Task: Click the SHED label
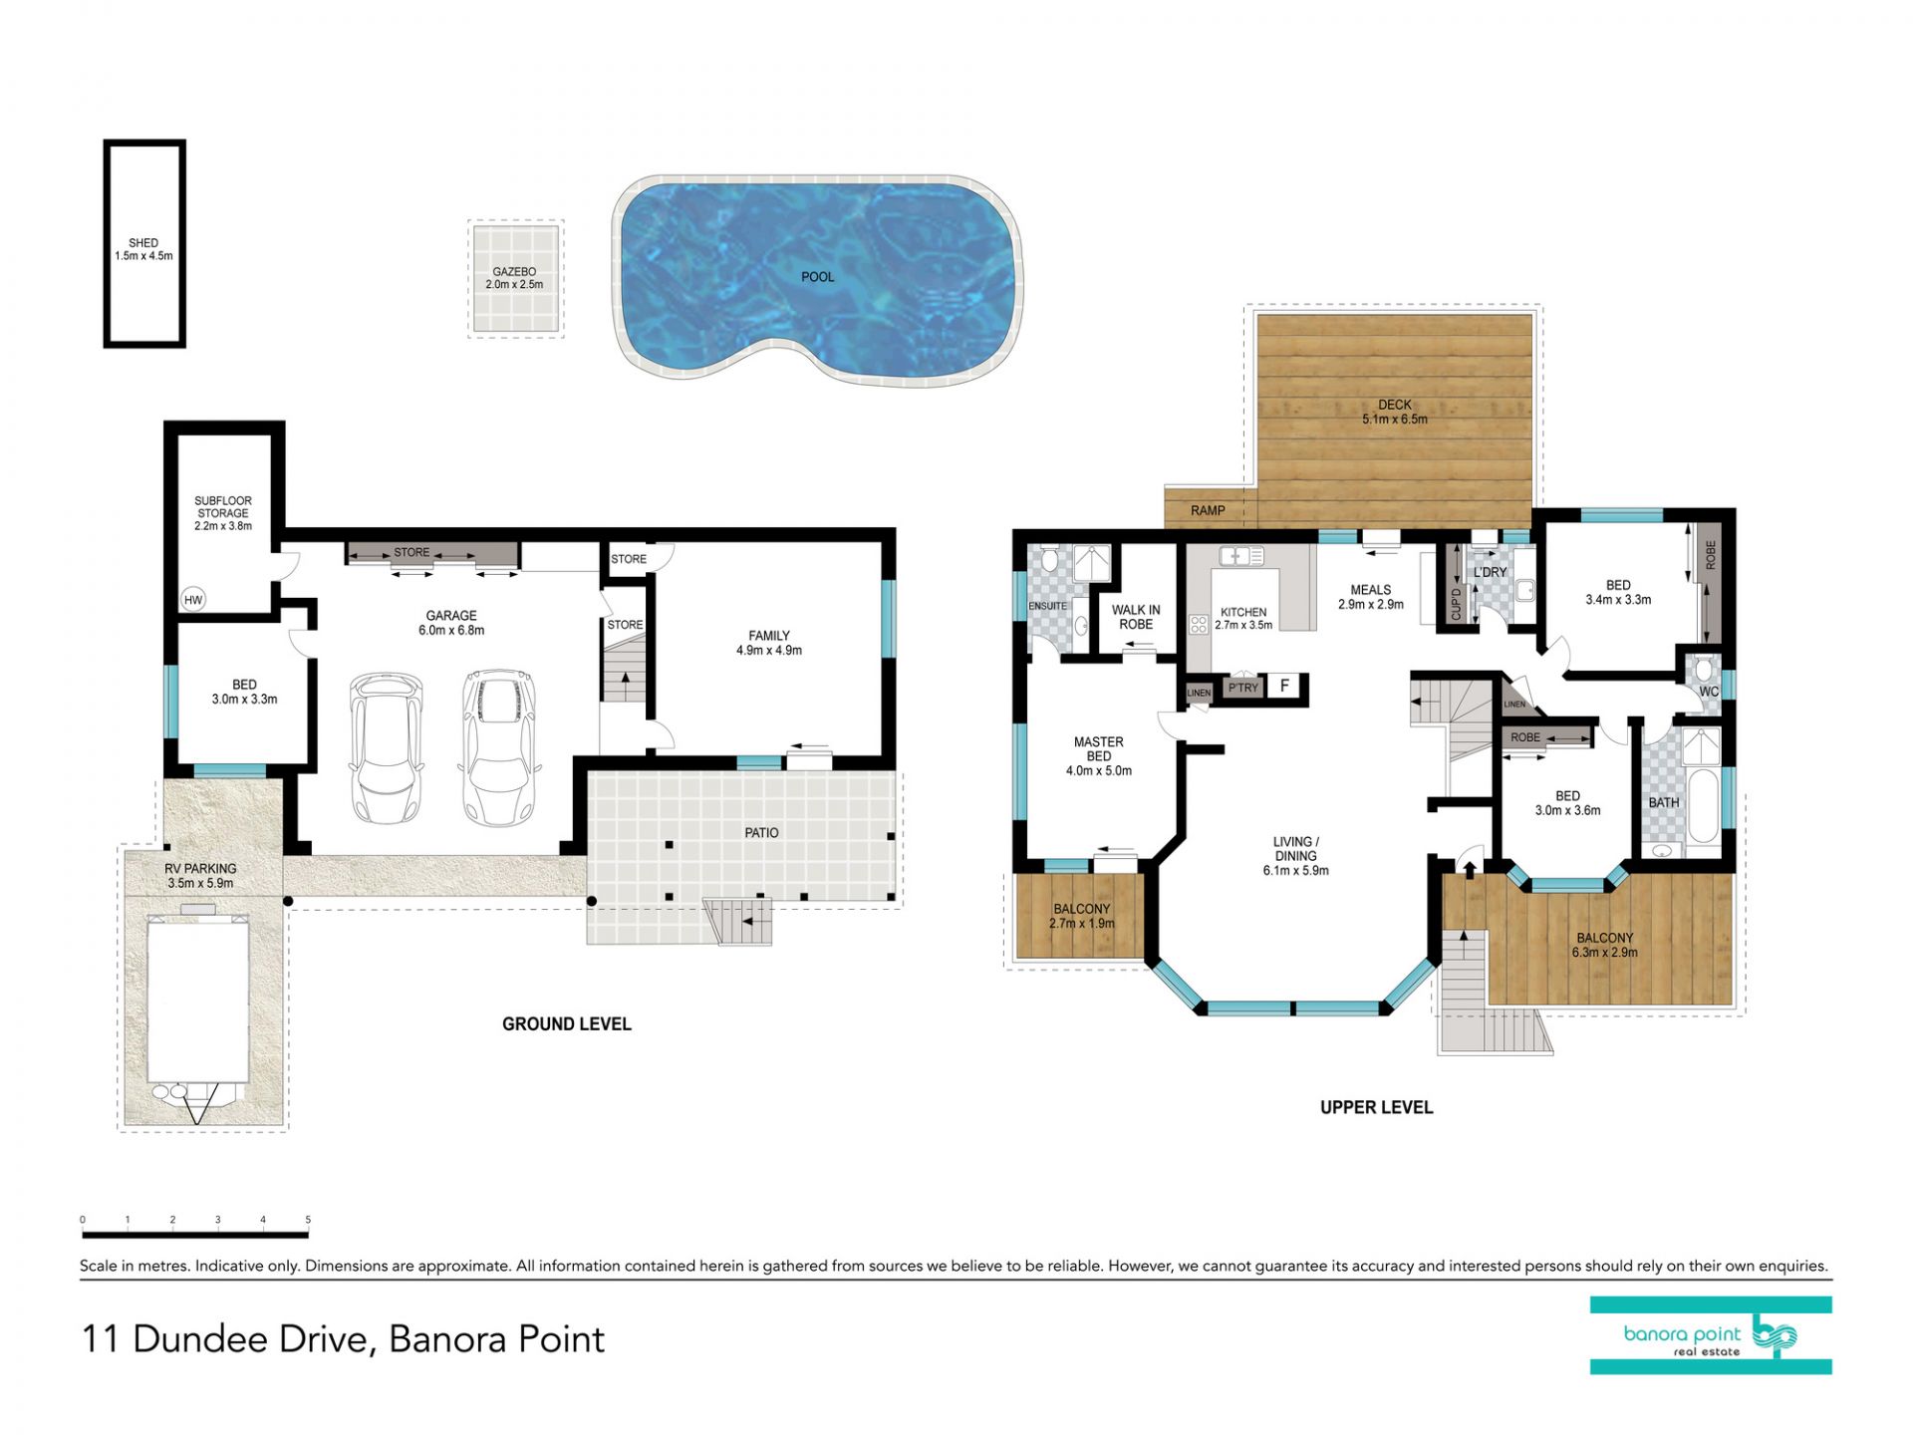[x=143, y=243]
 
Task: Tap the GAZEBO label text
[x=514, y=272]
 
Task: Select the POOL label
[x=818, y=277]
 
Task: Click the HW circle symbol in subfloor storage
[x=193, y=600]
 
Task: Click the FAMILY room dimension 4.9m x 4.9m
[x=769, y=651]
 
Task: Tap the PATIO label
[x=762, y=833]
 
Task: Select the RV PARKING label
[x=200, y=869]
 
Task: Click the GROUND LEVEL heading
[x=567, y=1024]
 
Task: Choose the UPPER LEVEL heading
[x=1376, y=1107]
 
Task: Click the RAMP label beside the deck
[x=1208, y=511]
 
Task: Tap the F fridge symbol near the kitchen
[x=1285, y=686]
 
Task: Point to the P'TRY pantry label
[x=1243, y=688]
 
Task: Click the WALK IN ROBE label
[x=1136, y=618]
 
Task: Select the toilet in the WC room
[x=1703, y=667]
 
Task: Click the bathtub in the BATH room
[x=1703, y=806]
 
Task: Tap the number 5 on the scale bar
[x=308, y=1220]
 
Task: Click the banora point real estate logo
[x=1711, y=1336]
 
